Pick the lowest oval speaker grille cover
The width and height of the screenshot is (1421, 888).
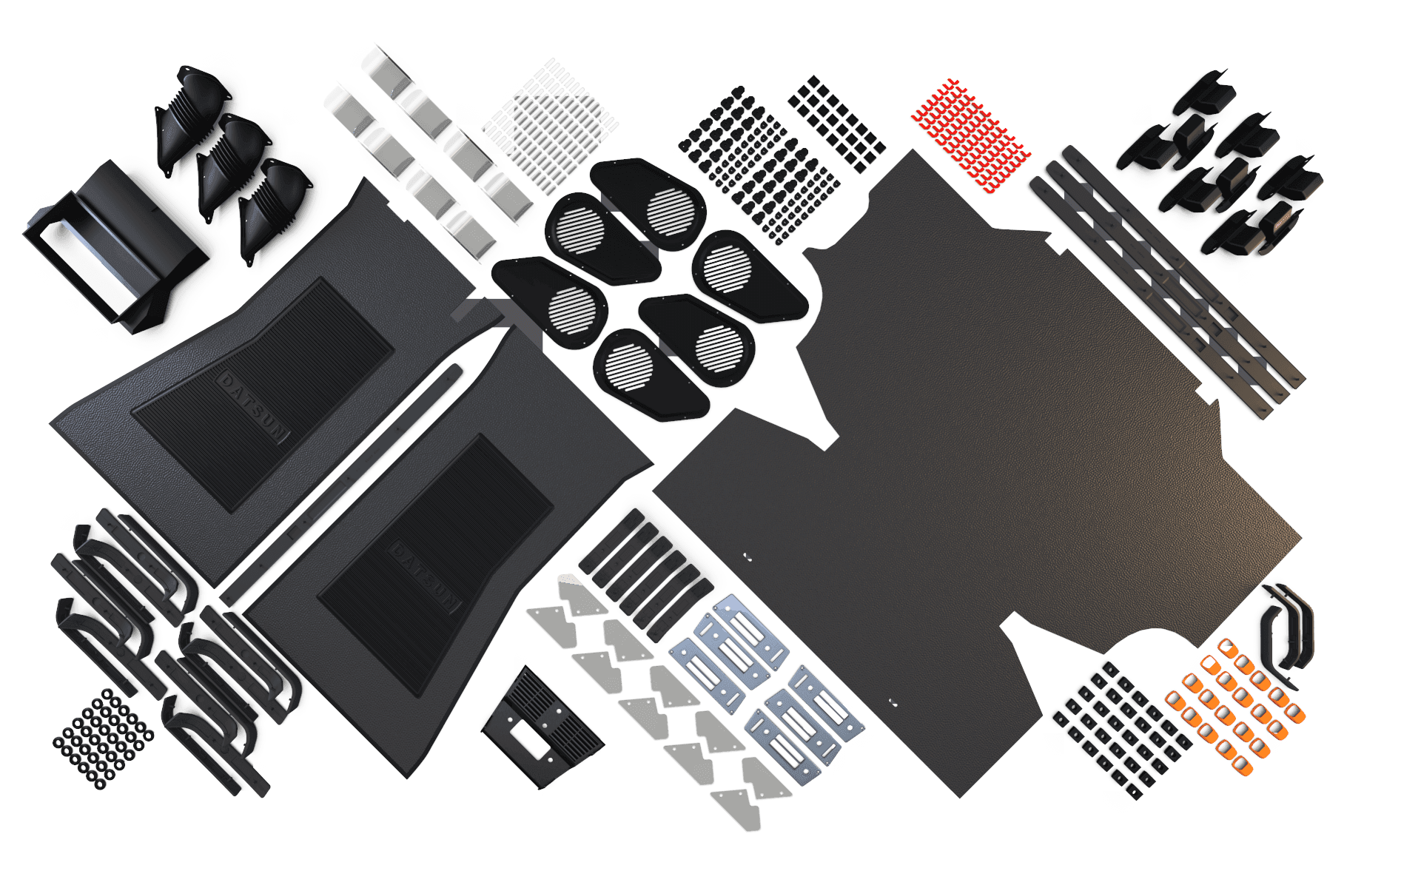[651, 374]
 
